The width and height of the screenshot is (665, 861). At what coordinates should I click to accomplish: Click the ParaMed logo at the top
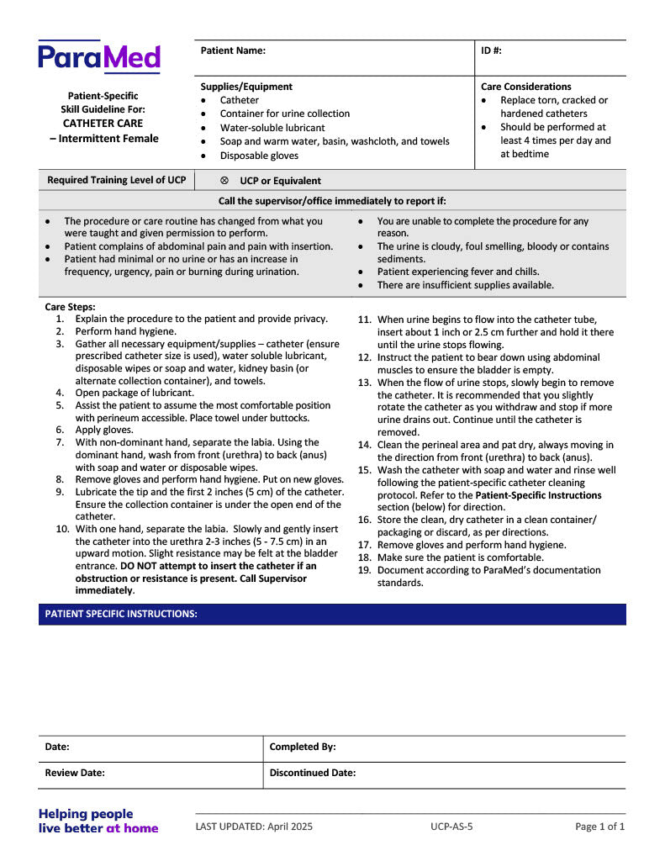(x=98, y=57)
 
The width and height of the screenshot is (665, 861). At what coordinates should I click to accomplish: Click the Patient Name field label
(x=233, y=50)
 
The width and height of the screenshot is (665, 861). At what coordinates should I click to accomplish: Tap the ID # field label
(x=491, y=50)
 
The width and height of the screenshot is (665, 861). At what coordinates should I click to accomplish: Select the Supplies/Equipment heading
(x=246, y=87)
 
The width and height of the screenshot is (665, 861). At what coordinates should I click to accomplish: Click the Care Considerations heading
(x=525, y=87)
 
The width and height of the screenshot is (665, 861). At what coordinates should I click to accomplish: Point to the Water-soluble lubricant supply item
(x=272, y=128)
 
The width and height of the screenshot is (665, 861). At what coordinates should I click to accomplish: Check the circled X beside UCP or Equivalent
(x=224, y=181)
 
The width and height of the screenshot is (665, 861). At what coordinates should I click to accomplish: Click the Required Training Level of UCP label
(x=117, y=181)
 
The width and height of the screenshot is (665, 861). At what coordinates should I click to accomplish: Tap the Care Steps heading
(x=70, y=307)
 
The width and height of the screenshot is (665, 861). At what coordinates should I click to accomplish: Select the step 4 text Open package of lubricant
(x=135, y=393)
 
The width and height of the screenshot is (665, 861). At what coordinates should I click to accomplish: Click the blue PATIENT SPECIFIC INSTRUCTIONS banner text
(x=121, y=614)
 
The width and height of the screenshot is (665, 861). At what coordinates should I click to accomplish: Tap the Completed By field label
(x=303, y=747)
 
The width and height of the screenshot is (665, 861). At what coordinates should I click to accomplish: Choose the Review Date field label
(x=75, y=773)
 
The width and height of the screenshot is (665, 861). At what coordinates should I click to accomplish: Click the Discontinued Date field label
(x=313, y=773)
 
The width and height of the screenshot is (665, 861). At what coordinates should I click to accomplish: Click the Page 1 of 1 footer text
(x=599, y=827)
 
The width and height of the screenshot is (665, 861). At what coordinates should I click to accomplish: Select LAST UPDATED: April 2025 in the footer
(x=254, y=827)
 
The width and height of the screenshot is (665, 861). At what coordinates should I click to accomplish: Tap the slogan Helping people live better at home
(x=98, y=821)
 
